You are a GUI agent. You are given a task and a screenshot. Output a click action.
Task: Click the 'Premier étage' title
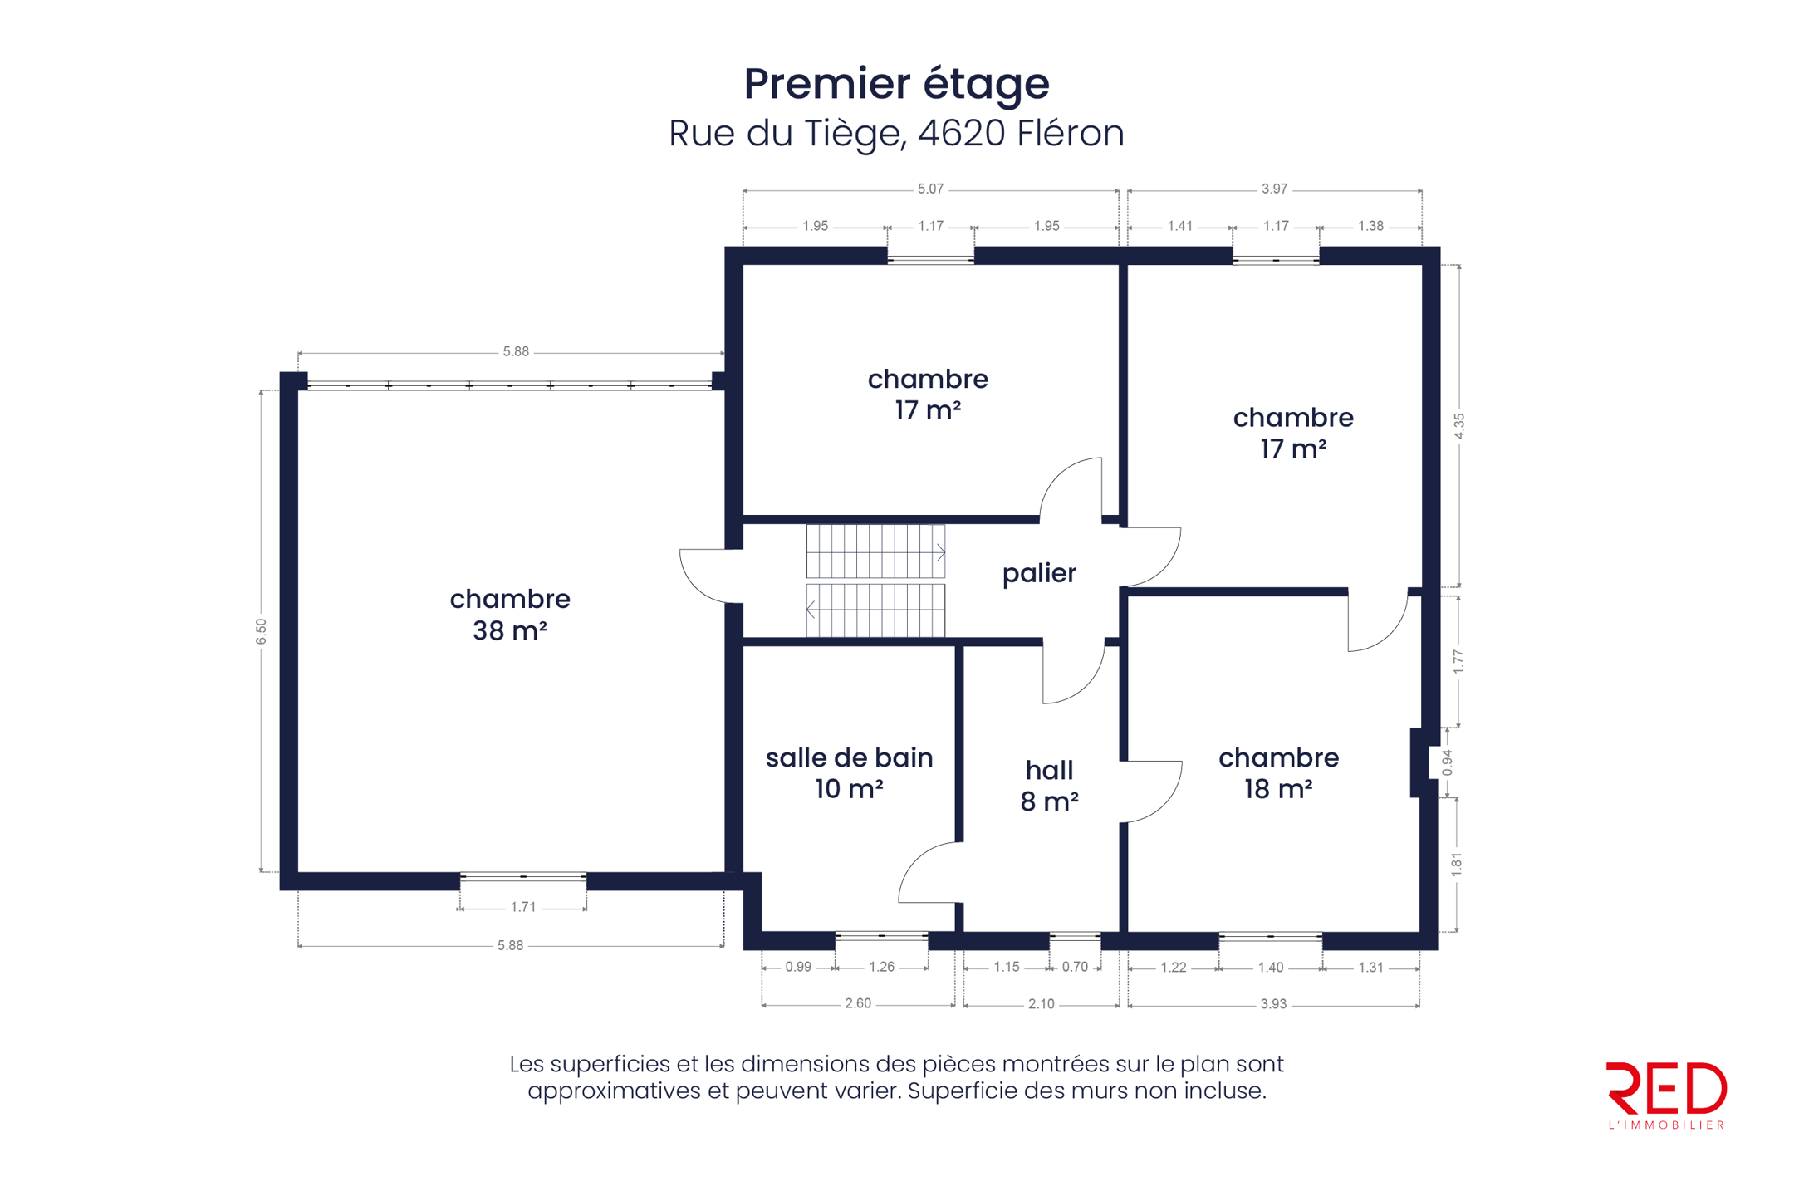pyautogui.click(x=896, y=85)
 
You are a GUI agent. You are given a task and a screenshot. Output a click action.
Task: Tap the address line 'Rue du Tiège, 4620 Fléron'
pyautogui.click(x=896, y=134)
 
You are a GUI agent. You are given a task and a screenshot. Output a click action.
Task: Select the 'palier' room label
pyautogui.click(x=1039, y=574)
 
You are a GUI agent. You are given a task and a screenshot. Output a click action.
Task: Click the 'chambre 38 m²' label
pyautogui.click(x=510, y=615)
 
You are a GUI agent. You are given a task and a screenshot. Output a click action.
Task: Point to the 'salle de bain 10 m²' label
pyautogui.click(x=849, y=773)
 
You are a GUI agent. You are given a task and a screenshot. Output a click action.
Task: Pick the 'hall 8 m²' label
pyautogui.click(x=1049, y=786)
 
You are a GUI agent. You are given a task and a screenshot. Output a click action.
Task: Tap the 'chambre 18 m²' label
pyautogui.click(x=1278, y=773)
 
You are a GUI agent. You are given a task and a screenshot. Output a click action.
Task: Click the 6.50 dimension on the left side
pyautogui.click(x=262, y=631)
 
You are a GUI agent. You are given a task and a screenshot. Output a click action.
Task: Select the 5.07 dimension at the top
pyautogui.click(x=930, y=189)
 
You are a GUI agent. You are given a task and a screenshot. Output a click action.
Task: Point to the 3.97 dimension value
pyautogui.click(x=1274, y=189)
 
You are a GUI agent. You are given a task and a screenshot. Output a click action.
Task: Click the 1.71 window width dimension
pyautogui.click(x=523, y=907)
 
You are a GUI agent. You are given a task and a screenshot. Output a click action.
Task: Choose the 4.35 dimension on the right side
pyautogui.click(x=1459, y=426)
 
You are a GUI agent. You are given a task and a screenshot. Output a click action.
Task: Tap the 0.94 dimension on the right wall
pyautogui.click(x=1448, y=762)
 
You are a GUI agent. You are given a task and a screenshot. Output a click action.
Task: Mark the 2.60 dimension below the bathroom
pyautogui.click(x=858, y=1003)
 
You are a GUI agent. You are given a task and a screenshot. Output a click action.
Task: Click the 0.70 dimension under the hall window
pyautogui.click(x=1075, y=967)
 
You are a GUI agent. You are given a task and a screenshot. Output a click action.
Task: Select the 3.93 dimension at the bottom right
pyautogui.click(x=1273, y=1004)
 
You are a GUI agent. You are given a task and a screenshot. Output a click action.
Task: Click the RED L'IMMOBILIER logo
pyautogui.click(x=1666, y=1096)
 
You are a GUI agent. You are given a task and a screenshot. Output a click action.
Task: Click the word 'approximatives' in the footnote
pyautogui.click(x=614, y=1091)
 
